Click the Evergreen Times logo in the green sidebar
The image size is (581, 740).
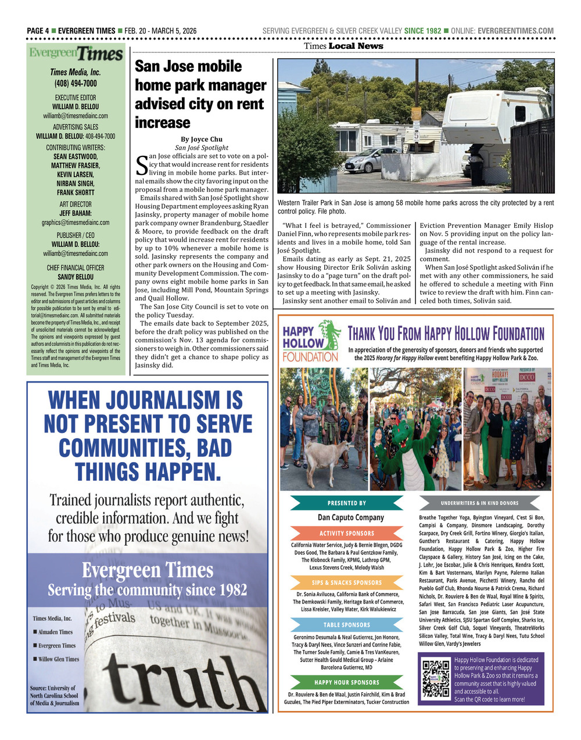pos(76,54)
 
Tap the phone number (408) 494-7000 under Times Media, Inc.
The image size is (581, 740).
pos(76,84)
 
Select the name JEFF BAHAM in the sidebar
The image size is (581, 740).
pos(76,213)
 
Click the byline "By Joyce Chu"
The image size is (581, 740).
pos(202,139)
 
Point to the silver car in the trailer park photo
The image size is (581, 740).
pos(371,160)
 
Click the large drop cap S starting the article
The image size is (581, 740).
pos(141,165)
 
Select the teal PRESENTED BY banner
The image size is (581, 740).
pos(347,503)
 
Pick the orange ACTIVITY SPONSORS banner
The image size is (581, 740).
pos(347,533)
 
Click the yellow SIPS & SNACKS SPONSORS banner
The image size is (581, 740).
pos(347,582)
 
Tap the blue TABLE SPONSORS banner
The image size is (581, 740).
pos(347,625)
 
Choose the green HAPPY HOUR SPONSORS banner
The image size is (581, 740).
pos(347,682)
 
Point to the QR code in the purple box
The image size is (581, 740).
pos(436,678)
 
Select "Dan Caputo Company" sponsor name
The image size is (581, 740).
pos(350,517)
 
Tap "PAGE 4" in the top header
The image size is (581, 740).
pos(38,31)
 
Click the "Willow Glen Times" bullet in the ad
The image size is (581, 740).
pos(58,659)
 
